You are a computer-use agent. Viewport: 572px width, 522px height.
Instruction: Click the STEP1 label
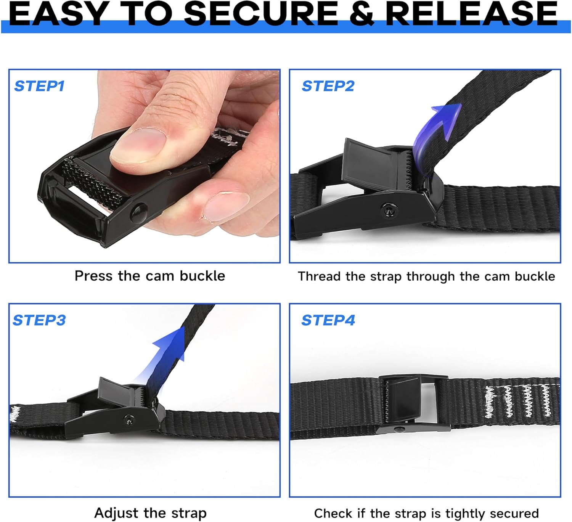pyautogui.click(x=39, y=86)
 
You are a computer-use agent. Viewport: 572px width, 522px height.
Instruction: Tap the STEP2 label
pyautogui.click(x=328, y=86)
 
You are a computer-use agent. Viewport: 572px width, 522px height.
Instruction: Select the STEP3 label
pyautogui.click(x=39, y=320)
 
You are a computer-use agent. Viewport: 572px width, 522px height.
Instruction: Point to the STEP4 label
pyautogui.click(x=328, y=320)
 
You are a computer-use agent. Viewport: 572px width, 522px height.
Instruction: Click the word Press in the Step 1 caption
pyautogui.click(x=94, y=276)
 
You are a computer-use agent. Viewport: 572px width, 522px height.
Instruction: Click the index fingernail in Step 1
pyautogui.click(x=225, y=206)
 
